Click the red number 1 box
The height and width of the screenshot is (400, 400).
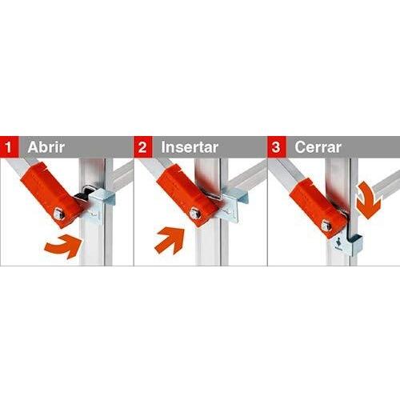[10, 146]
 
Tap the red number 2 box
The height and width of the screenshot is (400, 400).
[143, 146]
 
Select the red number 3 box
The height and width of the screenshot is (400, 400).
[277, 146]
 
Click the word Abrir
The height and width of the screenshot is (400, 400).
[46, 147]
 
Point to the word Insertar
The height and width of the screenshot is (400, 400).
[190, 147]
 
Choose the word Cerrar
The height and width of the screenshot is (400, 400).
[318, 147]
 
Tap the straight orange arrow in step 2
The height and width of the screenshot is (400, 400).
[170, 239]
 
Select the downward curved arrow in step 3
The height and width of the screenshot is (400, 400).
[369, 200]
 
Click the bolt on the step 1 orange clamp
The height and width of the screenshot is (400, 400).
[58, 214]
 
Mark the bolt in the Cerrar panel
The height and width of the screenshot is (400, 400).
[326, 226]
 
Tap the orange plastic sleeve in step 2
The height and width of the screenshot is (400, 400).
[187, 194]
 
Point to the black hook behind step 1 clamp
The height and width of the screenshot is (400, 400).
[82, 198]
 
